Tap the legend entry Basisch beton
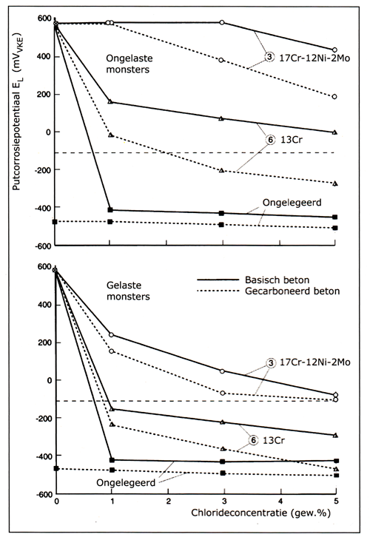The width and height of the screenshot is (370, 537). [x=277, y=280]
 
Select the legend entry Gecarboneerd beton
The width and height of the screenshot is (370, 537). [x=292, y=291]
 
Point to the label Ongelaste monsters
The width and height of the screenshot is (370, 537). [x=129, y=64]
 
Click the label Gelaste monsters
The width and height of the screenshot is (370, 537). [x=128, y=291]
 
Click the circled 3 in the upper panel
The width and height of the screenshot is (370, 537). [x=270, y=58]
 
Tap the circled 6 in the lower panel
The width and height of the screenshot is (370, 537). [x=253, y=440]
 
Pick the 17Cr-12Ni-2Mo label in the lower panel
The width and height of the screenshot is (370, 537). [x=314, y=362]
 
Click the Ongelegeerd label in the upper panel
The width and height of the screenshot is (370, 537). [x=292, y=203]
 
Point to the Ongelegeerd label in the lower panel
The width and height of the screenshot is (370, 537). [x=126, y=483]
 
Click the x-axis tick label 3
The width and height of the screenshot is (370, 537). [x=224, y=501]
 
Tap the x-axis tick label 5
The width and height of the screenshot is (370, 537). [x=336, y=501]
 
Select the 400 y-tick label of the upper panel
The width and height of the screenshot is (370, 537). [x=44, y=56]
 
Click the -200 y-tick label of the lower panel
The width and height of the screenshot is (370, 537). [x=42, y=418]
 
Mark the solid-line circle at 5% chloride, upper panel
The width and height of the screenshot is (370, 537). [x=334, y=50]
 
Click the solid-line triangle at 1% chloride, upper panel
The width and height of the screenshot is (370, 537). [x=110, y=102]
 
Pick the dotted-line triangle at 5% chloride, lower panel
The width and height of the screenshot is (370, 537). [x=336, y=469]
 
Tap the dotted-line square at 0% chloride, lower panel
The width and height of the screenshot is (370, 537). [x=56, y=468]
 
